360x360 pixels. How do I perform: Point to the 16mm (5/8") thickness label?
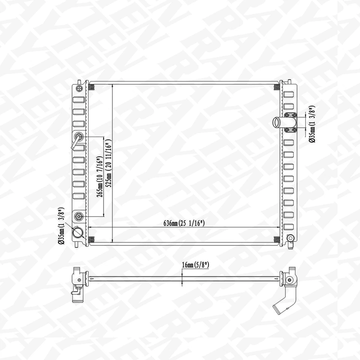(195, 265)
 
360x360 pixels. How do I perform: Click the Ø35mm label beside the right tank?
(312, 124)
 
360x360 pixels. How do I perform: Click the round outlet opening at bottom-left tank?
(78, 233)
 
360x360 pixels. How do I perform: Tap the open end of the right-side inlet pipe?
(276, 122)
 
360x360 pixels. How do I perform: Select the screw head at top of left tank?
(79, 88)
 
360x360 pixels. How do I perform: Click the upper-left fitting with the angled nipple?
(79, 137)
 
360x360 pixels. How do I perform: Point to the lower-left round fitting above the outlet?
(79, 216)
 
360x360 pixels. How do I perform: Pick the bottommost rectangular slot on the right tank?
(288, 226)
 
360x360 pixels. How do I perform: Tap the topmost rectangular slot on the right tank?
(288, 95)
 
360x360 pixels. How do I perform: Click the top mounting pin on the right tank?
(289, 81)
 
